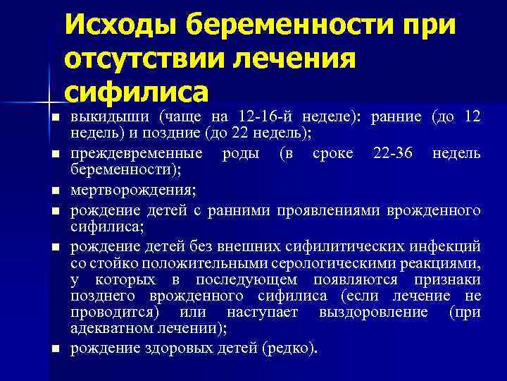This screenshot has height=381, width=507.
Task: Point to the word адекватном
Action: [110, 328]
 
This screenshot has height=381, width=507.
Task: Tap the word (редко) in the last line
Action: [289, 347]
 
